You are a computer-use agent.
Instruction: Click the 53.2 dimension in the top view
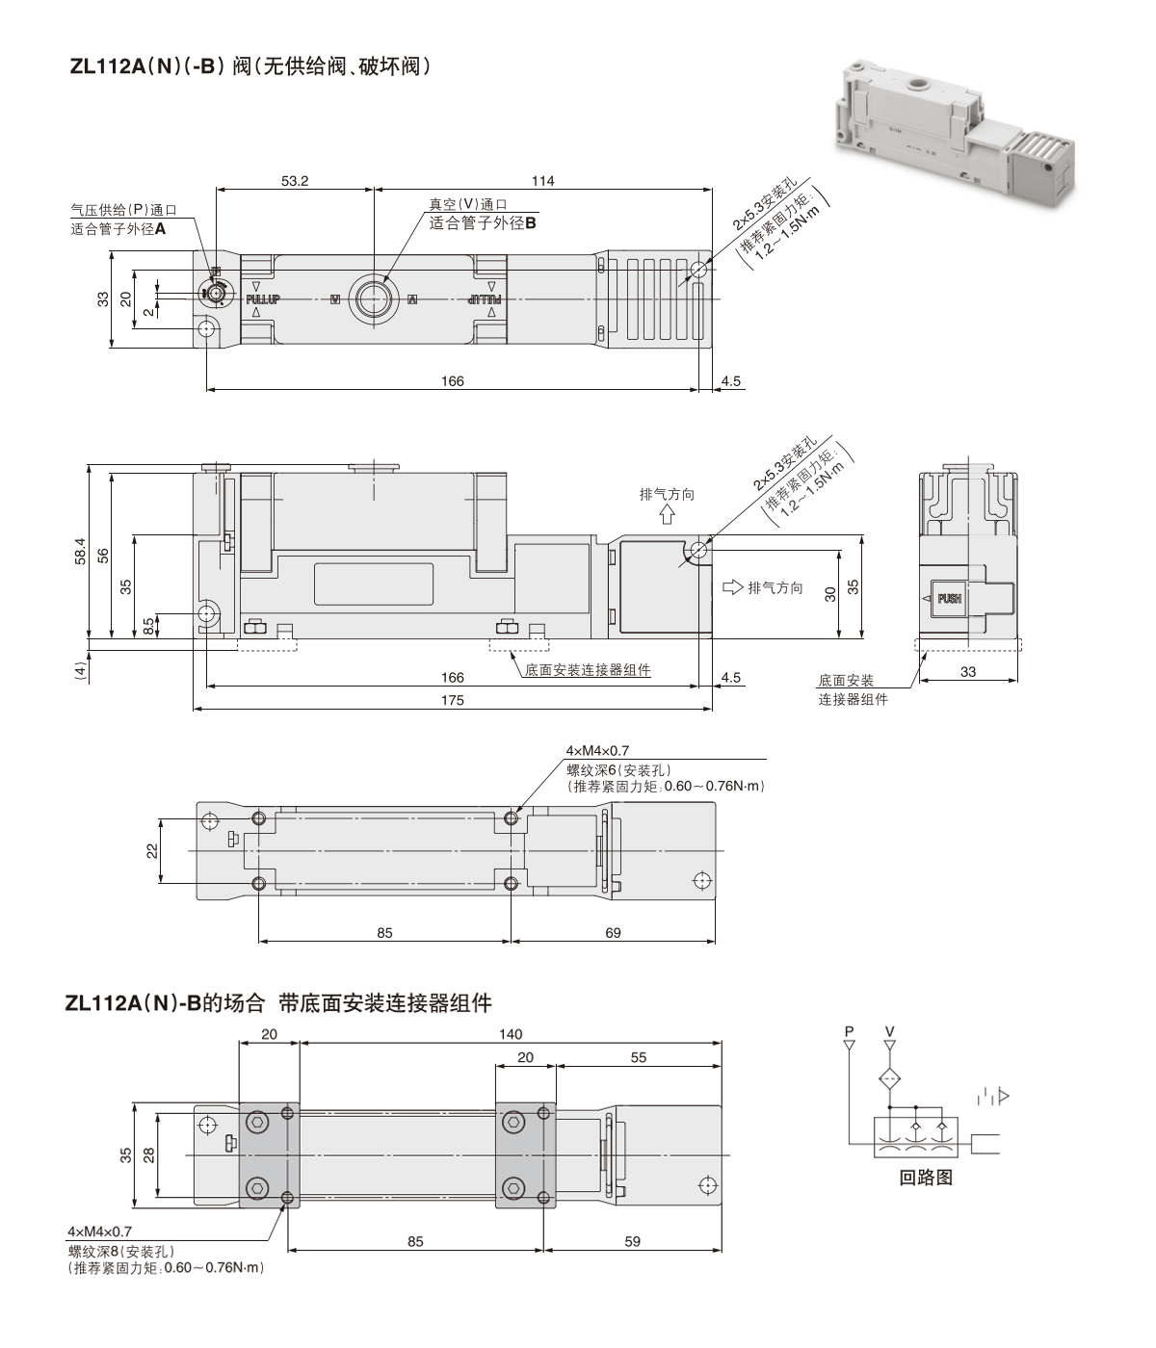(295, 181)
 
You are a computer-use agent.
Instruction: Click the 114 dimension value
(543, 181)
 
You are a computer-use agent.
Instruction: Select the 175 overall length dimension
(452, 700)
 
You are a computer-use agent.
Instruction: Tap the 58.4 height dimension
(80, 552)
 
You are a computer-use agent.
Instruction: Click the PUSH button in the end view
(949, 599)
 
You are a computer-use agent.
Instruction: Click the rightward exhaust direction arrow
(732, 586)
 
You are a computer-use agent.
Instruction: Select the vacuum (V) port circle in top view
(372, 298)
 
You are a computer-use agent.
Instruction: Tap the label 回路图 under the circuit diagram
(925, 1177)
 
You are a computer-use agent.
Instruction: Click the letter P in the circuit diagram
(849, 1032)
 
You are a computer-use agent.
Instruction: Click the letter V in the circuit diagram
(889, 1032)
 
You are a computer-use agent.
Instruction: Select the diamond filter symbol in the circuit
(889, 1078)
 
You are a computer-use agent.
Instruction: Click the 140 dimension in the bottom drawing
(511, 1034)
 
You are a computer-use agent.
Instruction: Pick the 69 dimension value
(613, 932)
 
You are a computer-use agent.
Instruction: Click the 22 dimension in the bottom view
(152, 850)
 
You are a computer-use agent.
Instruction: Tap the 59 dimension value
(632, 1241)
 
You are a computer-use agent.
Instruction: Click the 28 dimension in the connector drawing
(149, 1154)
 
